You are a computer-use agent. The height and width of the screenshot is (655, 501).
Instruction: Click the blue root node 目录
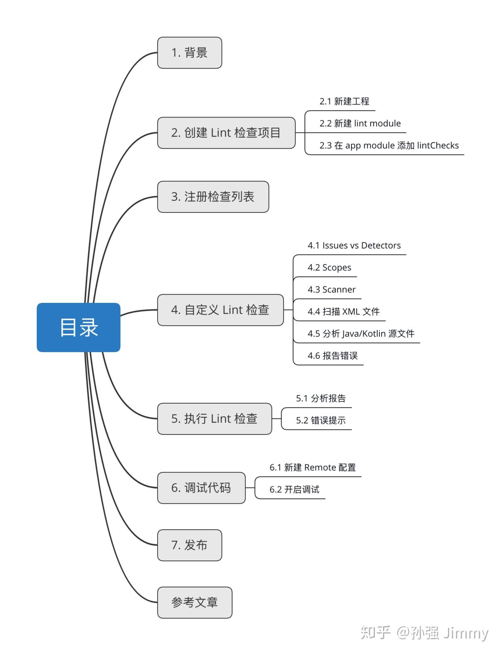click(x=78, y=327)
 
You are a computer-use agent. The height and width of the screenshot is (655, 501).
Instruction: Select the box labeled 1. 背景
click(x=189, y=53)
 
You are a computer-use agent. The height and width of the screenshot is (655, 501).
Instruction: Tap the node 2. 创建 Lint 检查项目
click(x=226, y=133)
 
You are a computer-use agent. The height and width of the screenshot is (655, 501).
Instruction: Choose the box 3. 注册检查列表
click(x=213, y=197)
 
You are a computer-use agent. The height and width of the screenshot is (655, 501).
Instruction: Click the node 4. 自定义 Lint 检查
click(x=220, y=310)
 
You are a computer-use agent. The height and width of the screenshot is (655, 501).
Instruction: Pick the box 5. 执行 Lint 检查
click(x=214, y=418)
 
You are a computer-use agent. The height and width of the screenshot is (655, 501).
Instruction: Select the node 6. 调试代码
click(x=201, y=488)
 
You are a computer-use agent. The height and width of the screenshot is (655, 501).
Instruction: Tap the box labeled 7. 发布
click(x=189, y=545)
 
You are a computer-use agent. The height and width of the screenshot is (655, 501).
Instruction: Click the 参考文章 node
click(x=194, y=602)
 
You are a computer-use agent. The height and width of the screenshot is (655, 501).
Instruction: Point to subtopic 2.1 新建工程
click(x=344, y=101)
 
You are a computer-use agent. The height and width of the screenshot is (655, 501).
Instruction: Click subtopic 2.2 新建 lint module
click(x=360, y=123)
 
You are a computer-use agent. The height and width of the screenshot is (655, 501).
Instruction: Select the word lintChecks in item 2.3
click(x=438, y=146)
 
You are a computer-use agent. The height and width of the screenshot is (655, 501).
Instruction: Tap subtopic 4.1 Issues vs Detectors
click(x=354, y=245)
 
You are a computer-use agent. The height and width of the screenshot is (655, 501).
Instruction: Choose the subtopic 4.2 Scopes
click(x=329, y=268)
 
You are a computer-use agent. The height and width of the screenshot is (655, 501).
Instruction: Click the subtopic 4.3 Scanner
click(x=331, y=289)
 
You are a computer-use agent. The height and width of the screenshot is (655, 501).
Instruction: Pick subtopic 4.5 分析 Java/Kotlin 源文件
click(x=361, y=334)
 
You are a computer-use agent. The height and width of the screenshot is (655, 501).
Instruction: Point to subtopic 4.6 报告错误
click(x=333, y=356)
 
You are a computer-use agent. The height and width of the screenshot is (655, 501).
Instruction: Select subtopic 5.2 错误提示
click(x=321, y=420)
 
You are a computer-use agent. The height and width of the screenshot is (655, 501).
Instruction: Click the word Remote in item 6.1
click(x=320, y=467)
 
